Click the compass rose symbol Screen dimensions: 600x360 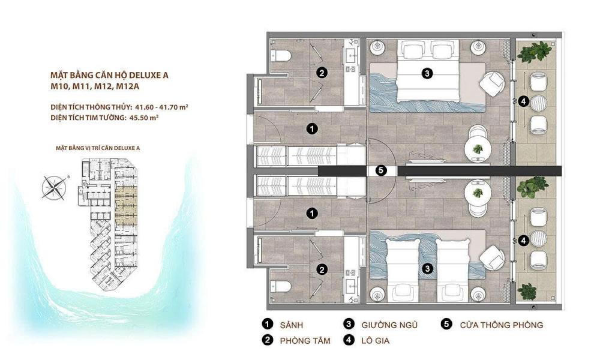[54, 188]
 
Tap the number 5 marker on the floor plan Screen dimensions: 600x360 [381, 170]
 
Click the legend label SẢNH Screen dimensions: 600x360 [292, 325]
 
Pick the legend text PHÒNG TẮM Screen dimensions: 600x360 [305, 340]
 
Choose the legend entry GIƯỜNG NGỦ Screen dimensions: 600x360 [389, 325]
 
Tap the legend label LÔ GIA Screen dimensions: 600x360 [376, 340]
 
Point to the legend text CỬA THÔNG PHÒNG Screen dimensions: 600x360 [501, 325]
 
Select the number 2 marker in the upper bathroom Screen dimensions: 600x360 [322, 73]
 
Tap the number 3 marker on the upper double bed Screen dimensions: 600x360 [427, 73]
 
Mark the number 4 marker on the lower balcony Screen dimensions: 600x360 [524, 241]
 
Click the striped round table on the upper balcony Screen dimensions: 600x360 [538, 103]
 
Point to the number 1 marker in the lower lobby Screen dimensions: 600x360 [312, 213]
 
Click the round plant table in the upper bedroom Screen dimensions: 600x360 [477, 149]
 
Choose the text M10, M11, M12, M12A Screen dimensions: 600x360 [95, 86]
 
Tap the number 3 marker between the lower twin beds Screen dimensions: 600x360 [427, 269]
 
